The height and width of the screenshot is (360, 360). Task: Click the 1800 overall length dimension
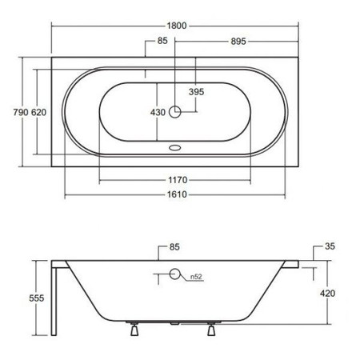177,26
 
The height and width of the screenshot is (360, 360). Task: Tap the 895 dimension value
238,42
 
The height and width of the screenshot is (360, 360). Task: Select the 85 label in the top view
162,41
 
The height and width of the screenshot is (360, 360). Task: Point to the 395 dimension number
196,92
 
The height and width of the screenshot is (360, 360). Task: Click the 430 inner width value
158,112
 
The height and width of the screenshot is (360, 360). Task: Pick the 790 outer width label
21,112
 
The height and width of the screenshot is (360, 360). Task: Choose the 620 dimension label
38,112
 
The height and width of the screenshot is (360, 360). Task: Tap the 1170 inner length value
178,180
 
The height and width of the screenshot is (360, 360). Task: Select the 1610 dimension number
177,194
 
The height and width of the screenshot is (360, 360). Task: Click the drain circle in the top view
175,112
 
